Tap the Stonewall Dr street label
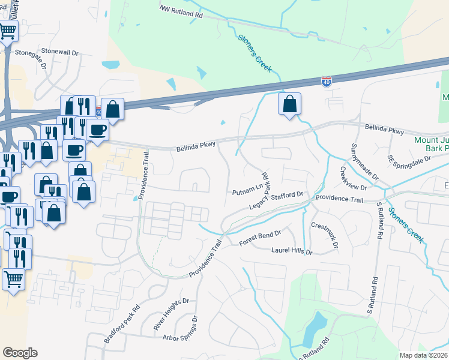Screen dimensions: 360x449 pyautogui.click(x=59, y=52)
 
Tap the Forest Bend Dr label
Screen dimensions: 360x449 pyautogui.click(x=260, y=238)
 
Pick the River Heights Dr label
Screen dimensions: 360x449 pyautogui.click(x=170, y=310)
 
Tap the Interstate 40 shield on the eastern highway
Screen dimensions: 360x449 pyautogui.click(x=326, y=82)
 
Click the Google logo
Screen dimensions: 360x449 pyautogui.click(x=20, y=352)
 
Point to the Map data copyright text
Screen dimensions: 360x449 pyautogui.click(x=423, y=355)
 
